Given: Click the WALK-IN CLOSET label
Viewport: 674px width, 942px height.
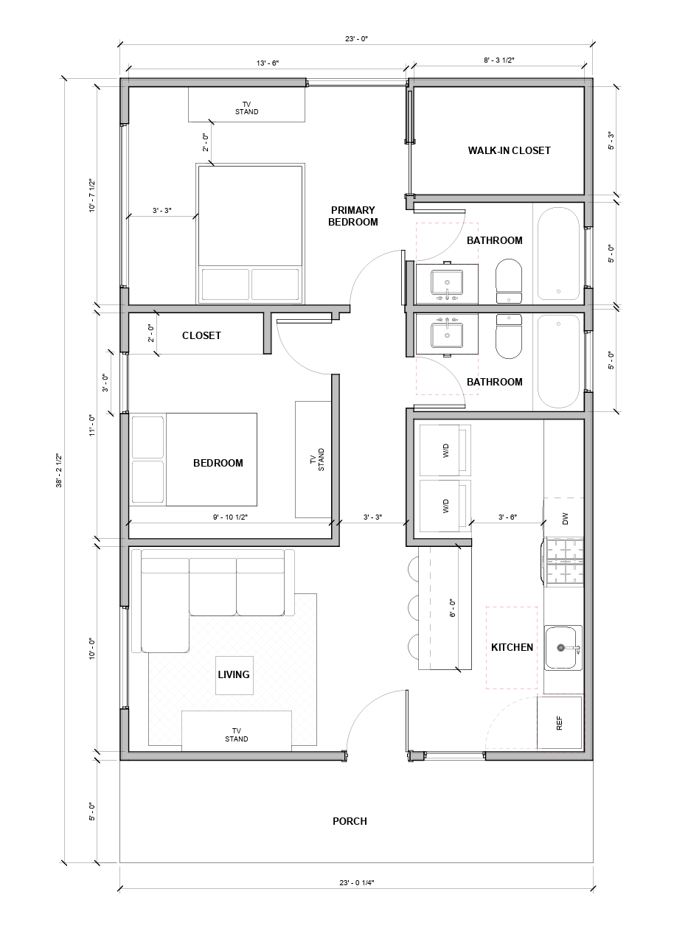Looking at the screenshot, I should (x=509, y=150).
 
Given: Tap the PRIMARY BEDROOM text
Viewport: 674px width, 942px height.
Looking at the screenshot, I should (x=352, y=216).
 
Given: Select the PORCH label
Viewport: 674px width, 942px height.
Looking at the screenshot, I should (x=350, y=821).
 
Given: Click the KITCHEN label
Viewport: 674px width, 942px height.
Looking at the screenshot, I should (x=512, y=647).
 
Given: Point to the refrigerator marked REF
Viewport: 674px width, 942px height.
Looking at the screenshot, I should (x=559, y=723).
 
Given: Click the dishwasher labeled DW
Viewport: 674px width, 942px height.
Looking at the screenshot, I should (x=564, y=519).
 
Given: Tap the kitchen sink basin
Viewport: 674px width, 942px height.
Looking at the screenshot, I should (x=563, y=648).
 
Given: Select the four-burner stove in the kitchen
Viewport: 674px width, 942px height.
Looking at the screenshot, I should (x=563, y=564).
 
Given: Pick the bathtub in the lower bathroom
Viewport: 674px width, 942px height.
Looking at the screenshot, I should (x=558, y=361).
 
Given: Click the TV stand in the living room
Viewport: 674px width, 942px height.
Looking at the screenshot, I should (x=237, y=730).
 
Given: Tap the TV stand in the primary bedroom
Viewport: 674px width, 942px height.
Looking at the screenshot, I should (x=246, y=105).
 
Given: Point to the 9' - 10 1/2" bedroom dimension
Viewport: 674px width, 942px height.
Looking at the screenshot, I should (x=230, y=517).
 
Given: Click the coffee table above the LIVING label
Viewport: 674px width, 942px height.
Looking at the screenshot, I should (x=234, y=674).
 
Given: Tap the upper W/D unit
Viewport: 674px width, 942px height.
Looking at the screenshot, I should (x=445, y=450).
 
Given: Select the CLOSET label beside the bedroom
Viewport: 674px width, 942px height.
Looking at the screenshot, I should (x=201, y=335).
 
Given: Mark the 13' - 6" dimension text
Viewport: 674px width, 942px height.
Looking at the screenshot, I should (x=267, y=64).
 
